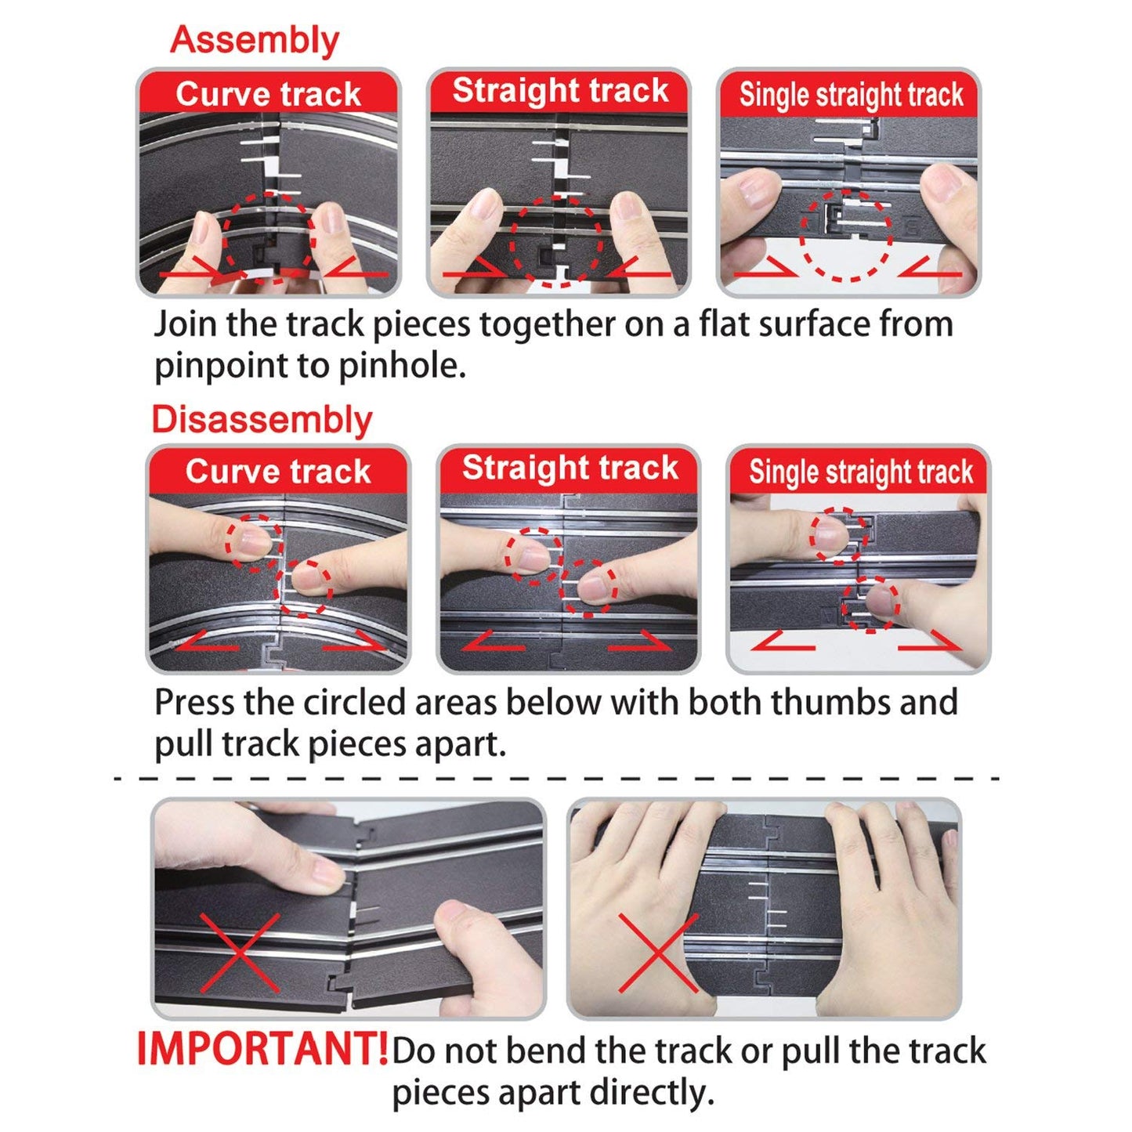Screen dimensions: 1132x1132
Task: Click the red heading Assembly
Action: [255, 41]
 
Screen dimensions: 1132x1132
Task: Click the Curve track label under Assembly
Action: [269, 94]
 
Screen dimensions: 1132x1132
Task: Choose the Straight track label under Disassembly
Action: [570, 468]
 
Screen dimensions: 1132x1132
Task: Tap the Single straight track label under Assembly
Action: [852, 95]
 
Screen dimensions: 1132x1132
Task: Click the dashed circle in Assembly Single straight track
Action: [847, 235]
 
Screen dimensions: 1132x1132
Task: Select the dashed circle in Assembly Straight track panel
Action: [555, 241]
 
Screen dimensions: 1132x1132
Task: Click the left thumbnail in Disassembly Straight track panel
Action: [534, 554]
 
